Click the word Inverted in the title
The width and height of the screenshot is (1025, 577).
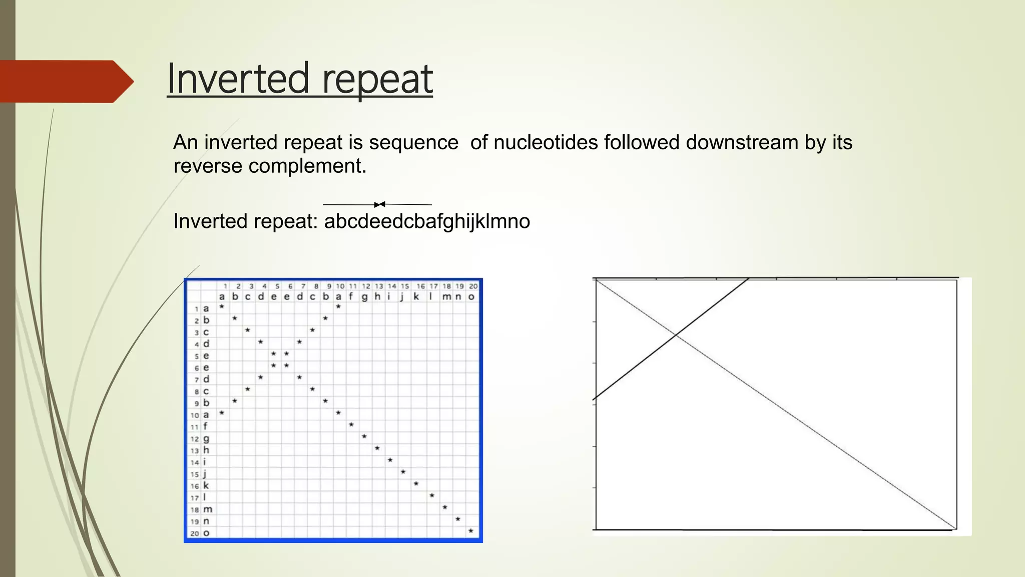(x=237, y=79)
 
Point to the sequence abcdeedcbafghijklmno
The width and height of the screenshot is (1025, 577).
(x=427, y=221)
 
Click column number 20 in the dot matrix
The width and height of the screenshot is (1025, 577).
(x=473, y=286)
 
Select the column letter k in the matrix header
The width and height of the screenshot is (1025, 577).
(x=416, y=297)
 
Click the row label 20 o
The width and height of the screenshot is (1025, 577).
(x=200, y=533)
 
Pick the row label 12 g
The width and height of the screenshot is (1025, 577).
(x=200, y=439)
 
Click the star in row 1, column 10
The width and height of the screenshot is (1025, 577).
(x=339, y=307)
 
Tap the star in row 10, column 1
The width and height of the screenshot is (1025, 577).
(x=222, y=413)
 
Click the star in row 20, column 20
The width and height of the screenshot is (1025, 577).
(x=471, y=531)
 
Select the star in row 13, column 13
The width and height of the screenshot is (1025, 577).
(x=377, y=448)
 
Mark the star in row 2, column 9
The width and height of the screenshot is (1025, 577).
(x=325, y=318)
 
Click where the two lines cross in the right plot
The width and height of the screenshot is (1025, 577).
(x=676, y=335)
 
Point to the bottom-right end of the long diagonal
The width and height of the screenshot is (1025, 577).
(x=955, y=528)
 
